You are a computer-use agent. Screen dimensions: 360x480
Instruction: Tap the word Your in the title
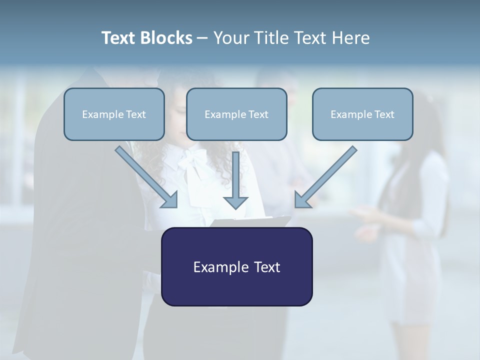(x=233, y=38)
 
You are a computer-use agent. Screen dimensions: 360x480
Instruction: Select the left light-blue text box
(x=114, y=114)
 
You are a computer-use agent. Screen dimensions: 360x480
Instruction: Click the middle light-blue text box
(x=236, y=114)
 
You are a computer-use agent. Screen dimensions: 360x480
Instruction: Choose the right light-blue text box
(x=362, y=114)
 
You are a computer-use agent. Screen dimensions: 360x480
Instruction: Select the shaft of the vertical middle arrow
(x=236, y=172)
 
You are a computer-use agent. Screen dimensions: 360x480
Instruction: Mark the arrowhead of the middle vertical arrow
(x=236, y=202)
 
